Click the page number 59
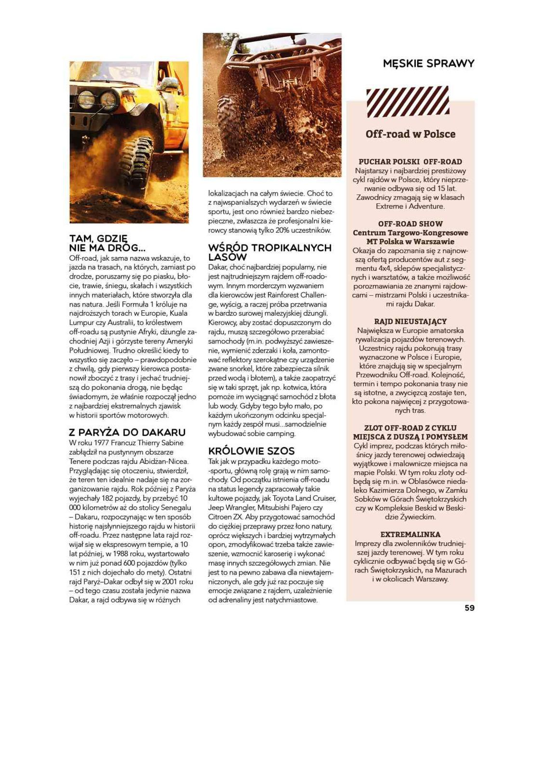[469, 608]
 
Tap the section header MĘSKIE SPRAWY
[428, 64]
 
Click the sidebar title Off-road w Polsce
[410, 134]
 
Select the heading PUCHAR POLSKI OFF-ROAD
[410, 162]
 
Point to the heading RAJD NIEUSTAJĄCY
[410, 321]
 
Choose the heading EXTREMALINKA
[410, 534]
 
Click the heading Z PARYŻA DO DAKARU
[127, 432]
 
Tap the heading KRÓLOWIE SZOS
[251, 451]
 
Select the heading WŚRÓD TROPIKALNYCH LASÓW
[269, 252]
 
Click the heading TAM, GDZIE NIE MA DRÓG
[107, 243]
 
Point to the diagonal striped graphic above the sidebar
[408, 102]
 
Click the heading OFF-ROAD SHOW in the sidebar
[410, 224]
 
